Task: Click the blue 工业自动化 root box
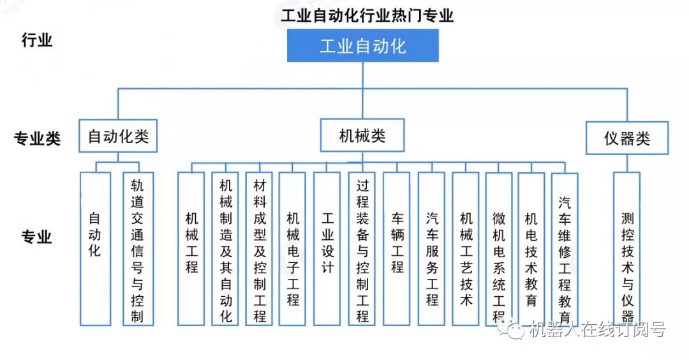[x=363, y=46]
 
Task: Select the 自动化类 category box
[x=118, y=136]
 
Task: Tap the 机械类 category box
[x=362, y=135]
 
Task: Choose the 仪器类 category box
[x=627, y=138]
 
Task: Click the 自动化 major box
[x=95, y=249]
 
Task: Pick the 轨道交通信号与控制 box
[x=138, y=249]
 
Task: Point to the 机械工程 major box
[x=191, y=249]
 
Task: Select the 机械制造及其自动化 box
[x=225, y=249]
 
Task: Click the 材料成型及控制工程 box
[x=259, y=249]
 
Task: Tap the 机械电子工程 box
[x=292, y=249]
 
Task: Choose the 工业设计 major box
[x=327, y=249]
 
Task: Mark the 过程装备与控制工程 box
[x=362, y=249]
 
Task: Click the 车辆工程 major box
[x=396, y=249]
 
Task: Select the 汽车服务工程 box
[x=431, y=249]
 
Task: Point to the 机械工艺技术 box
[x=465, y=249]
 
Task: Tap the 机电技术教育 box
[x=531, y=249]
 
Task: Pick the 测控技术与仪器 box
[x=626, y=249]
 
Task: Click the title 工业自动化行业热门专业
[x=367, y=16]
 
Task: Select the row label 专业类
[x=37, y=139]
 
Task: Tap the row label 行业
[x=37, y=40]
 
